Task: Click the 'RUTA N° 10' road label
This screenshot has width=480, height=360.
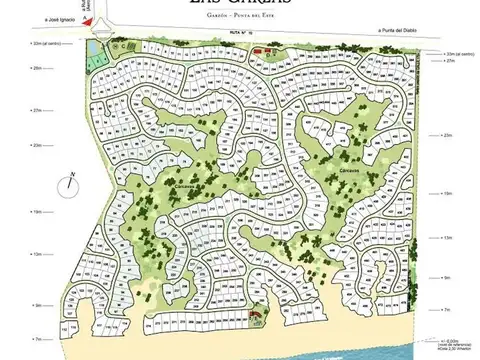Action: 239,34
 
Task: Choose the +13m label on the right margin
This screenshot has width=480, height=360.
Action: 447,239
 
